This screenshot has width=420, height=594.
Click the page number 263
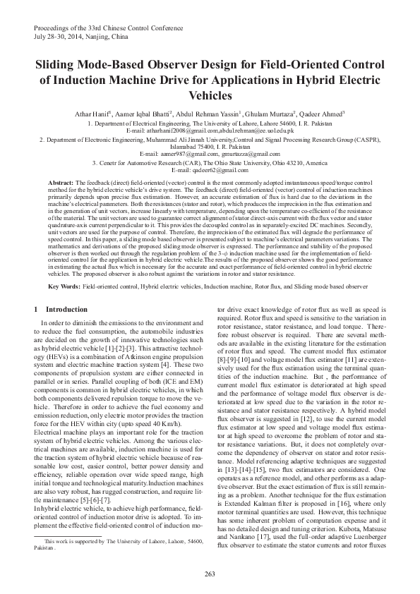210,572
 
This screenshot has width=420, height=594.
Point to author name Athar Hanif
90,114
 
